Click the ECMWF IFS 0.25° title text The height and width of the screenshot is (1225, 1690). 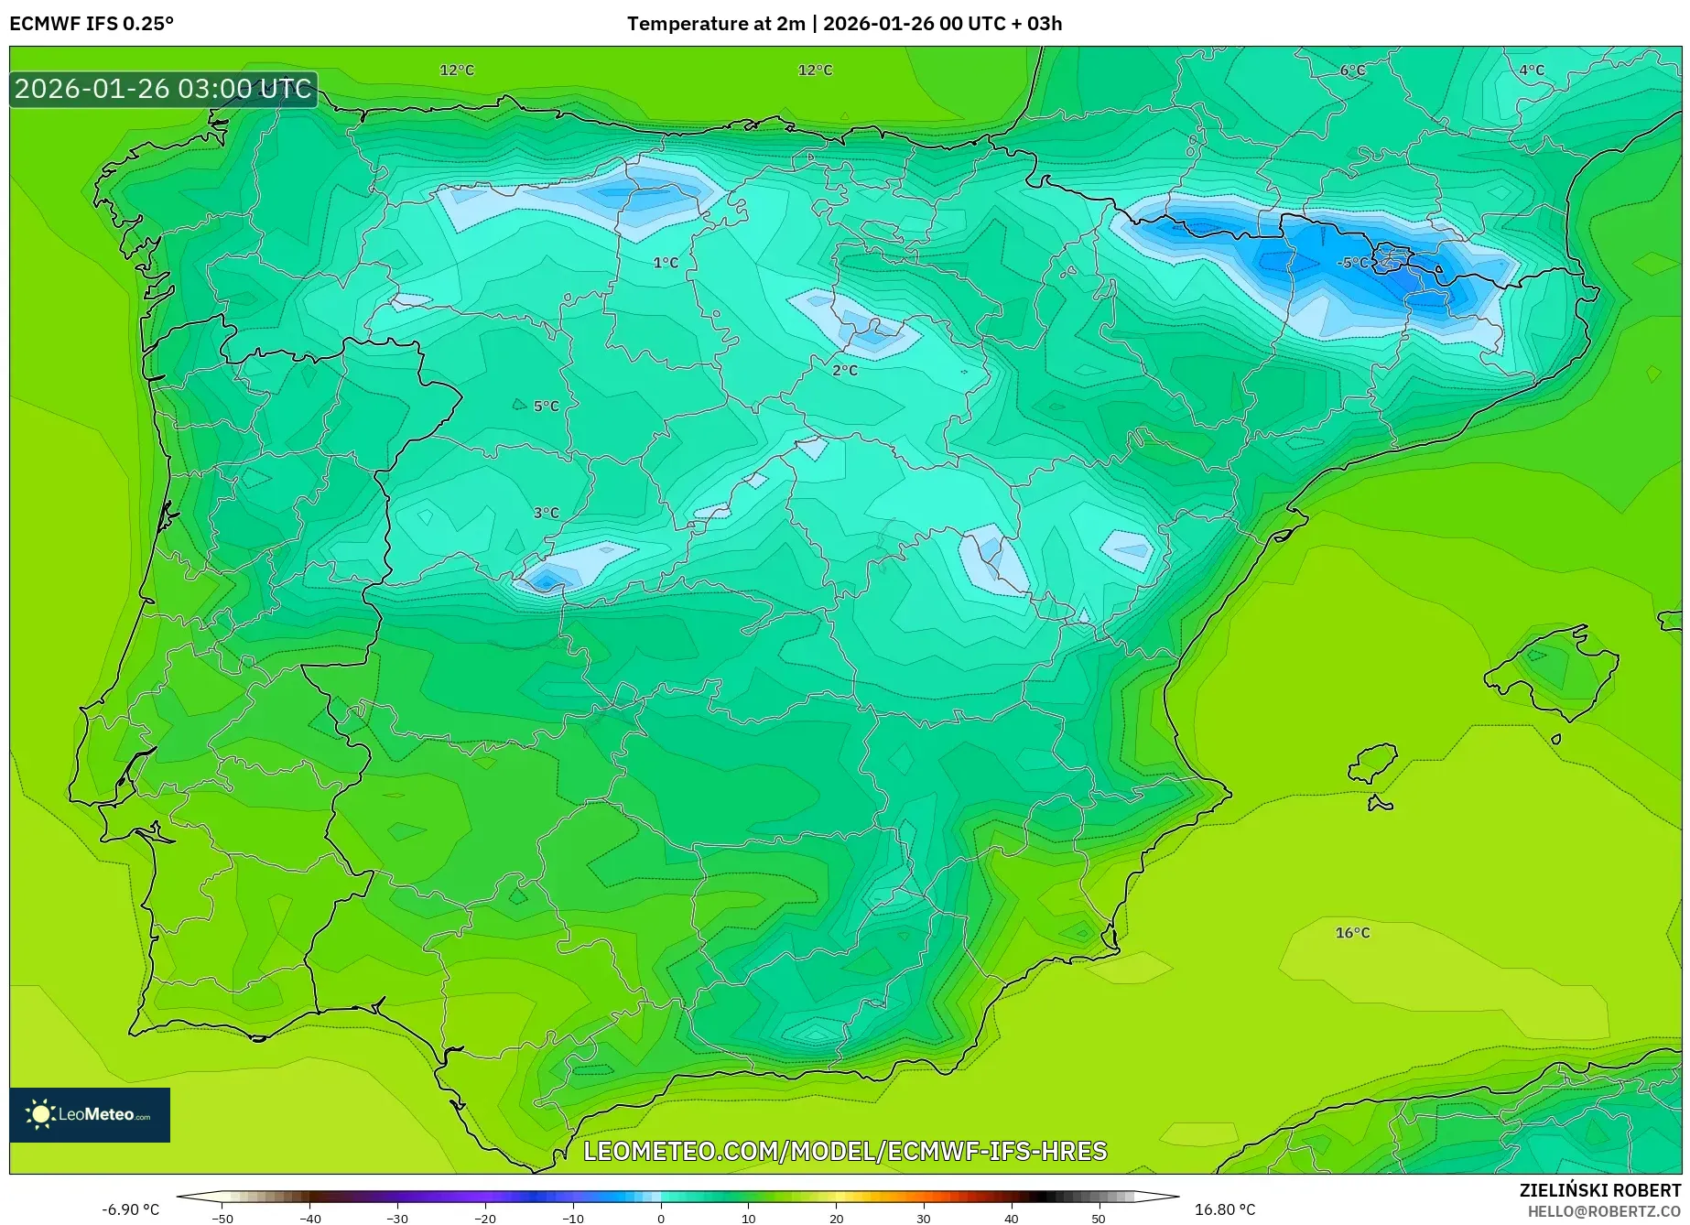pyautogui.click(x=92, y=24)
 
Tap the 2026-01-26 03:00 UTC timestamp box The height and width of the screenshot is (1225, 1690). pyautogui.click(x=163, y=89)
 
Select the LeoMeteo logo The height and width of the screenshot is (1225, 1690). pyautogui.click(x=90, y=1114)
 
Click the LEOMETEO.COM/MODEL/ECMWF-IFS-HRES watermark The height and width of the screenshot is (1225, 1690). pyautogui.click(x=845, y=1151)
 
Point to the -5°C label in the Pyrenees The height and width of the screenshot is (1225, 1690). pyautogui.click(x=1353, y=263)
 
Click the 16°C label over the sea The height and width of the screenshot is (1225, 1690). pyautogui.click(x=1352, y=933)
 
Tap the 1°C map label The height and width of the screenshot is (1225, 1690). pyautogui.click(x=666, y=263)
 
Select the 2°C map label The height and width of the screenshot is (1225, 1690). pyautogui.click(x=845, y=371)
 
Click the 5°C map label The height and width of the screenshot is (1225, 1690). pyautogui.click(x=546, y=407)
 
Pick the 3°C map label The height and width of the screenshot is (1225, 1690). pyautogui.click(x=546, y=514)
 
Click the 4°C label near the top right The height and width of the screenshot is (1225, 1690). pyautogui.click(x=1532, y=70)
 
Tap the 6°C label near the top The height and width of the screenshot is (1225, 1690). pyautogui.click(x=1352, y=70)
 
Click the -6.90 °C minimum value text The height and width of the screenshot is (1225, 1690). pyautogui.click(x=130, y=1209)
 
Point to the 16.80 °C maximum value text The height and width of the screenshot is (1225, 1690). pyautogui.click(x=1225, y=1209)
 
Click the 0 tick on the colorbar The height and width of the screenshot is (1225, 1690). pyautogui.click(x=661, y=1219)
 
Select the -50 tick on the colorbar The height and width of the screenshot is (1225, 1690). pyautogui.click(x=222, y=1219)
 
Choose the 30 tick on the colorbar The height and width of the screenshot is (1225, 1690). pyautogui.click(x=924, y=1219)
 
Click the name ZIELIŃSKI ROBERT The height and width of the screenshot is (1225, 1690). pyautogui.click(x=1600, y=1190)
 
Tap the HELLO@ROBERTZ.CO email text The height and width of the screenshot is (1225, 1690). pyautogui.click(x=1604, y=1211)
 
